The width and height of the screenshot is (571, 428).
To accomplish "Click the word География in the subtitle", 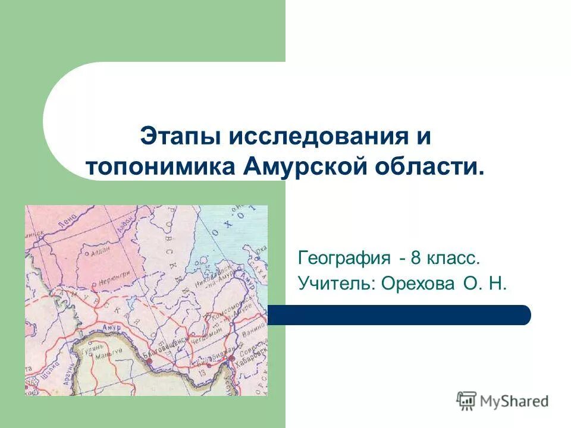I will click(x=344, y=259).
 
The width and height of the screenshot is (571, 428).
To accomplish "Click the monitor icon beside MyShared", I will click(x=466, y=401).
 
